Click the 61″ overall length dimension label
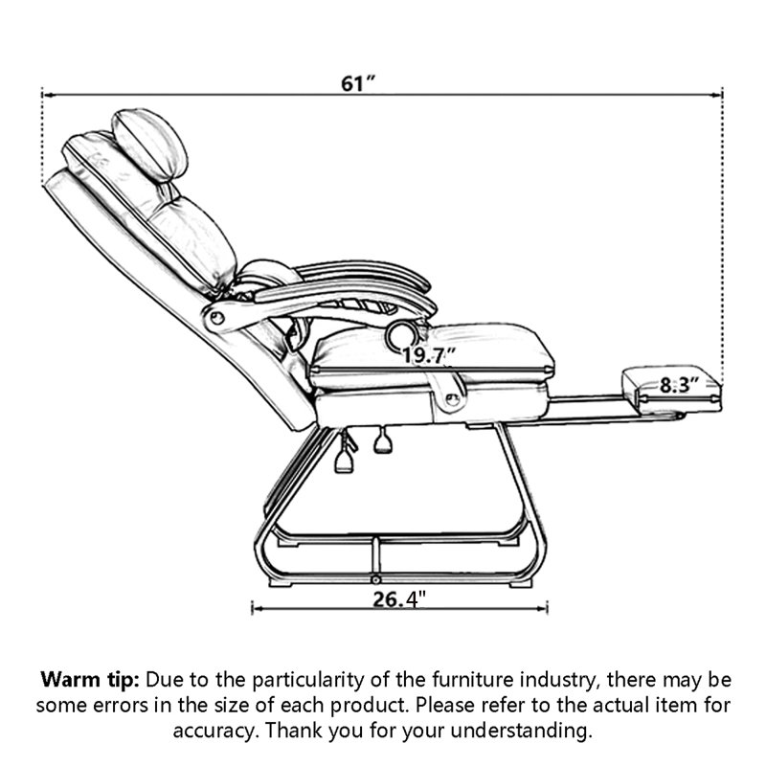point(357,83)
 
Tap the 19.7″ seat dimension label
point(428,355)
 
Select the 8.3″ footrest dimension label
point(679,385)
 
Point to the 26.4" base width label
point(399,599)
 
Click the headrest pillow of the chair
point(149,146)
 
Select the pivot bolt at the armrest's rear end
point(217,319)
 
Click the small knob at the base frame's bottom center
point(375,579)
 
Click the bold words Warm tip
point(90,680)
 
